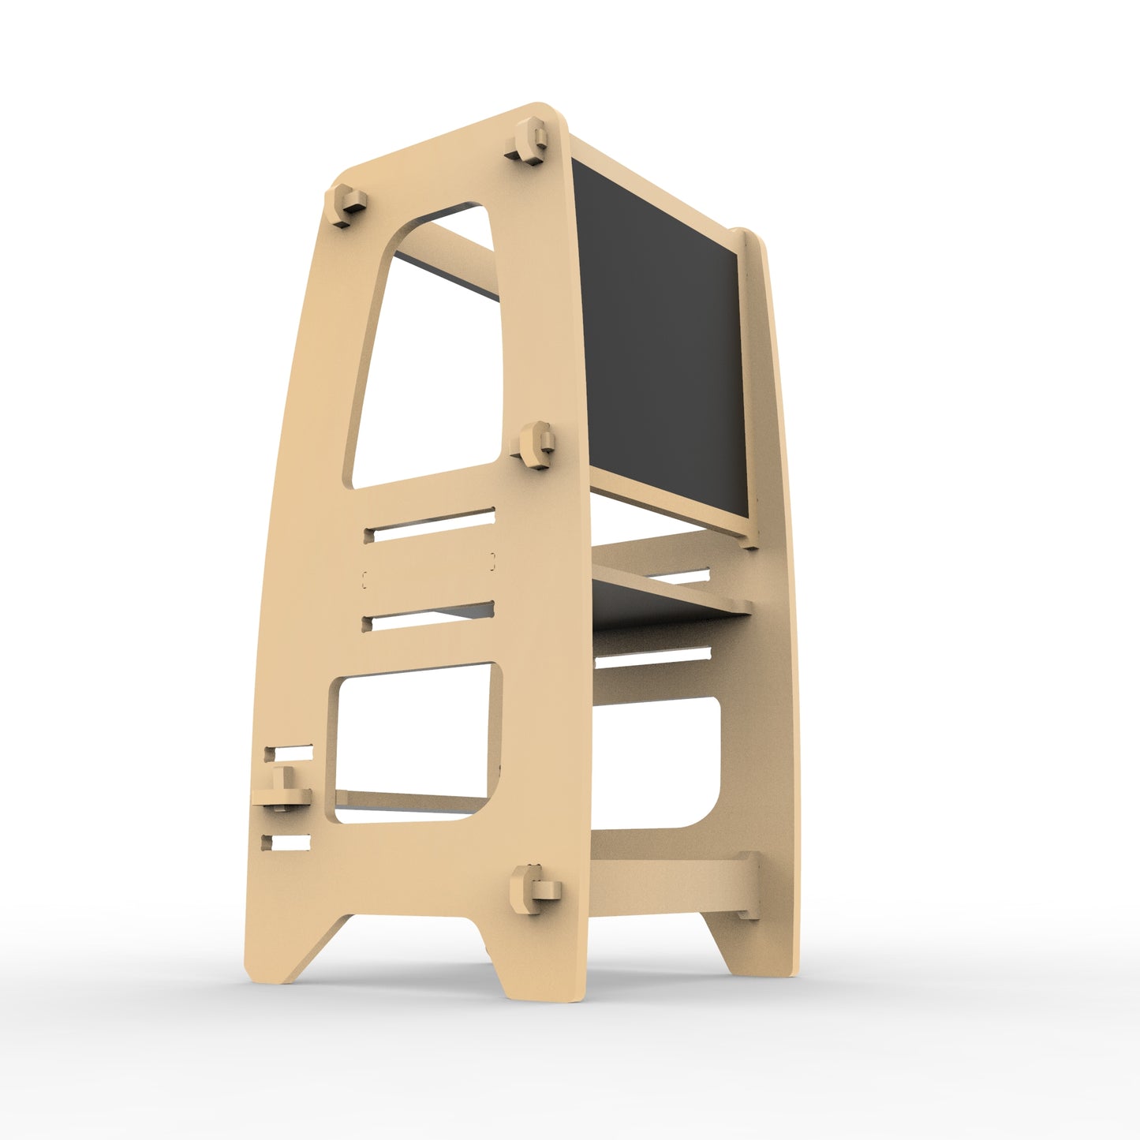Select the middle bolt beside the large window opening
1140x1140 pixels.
coord(535,446)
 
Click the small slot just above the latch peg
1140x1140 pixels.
coord(288,753)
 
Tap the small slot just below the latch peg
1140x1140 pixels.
coord(287,843)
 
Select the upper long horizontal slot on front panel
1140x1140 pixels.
coord(430,525)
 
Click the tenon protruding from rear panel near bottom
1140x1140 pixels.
coord(748,886)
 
